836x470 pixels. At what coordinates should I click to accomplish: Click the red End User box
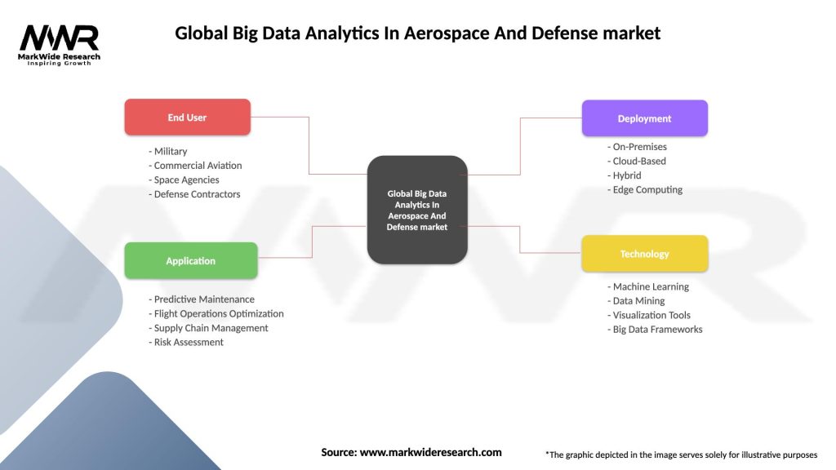pos(187,117)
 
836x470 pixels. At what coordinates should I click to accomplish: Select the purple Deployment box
pos(644,118)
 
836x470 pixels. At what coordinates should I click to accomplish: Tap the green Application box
pos(190,261)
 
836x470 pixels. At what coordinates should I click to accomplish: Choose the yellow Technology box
pos(644,254)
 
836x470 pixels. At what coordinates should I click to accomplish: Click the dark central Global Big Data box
pos(417,210)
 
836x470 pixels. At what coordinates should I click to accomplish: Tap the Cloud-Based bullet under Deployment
pos(637,161)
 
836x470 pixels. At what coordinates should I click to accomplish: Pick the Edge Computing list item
pos(645,189)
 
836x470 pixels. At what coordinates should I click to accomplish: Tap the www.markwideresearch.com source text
pos(431,452)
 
